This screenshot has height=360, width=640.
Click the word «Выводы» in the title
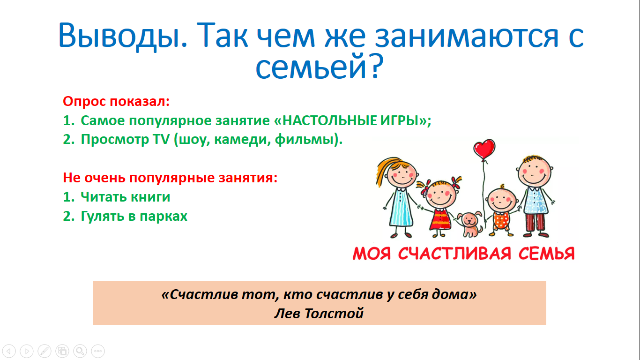point(123,36)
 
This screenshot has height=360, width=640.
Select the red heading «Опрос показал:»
point(116,102)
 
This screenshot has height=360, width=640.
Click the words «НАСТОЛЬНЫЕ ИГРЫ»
point(350,120)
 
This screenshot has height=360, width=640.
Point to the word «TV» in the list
point(162,140)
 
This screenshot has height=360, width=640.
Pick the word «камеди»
point(240,140)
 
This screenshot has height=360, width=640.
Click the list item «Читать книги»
point(126,197)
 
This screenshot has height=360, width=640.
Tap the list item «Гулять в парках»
point(134,216)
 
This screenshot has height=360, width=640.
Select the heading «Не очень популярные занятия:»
point(170,178)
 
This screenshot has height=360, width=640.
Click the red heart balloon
point(484,149)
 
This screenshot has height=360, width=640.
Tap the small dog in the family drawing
point(470,224)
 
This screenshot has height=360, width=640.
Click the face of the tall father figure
point(534,171)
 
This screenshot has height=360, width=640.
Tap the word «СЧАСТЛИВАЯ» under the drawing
point(454,253)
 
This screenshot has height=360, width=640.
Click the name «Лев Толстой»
point(319,314)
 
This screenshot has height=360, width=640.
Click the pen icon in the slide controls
point(45,351)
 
